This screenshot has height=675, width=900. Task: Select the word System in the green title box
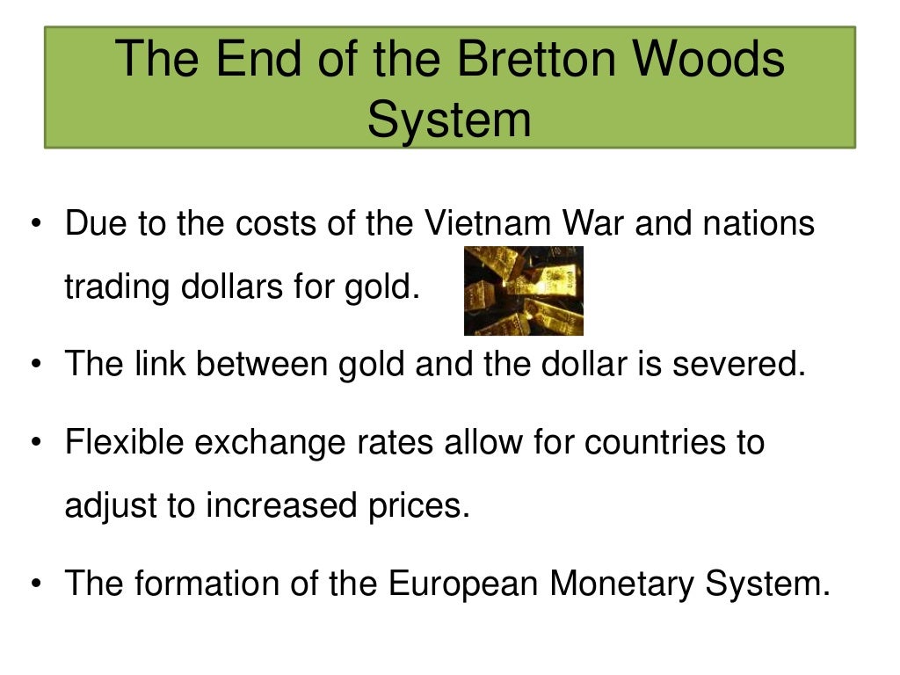coord(449,120)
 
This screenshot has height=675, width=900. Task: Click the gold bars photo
coord(524,291)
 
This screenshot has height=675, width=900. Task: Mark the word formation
coord(193,584)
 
